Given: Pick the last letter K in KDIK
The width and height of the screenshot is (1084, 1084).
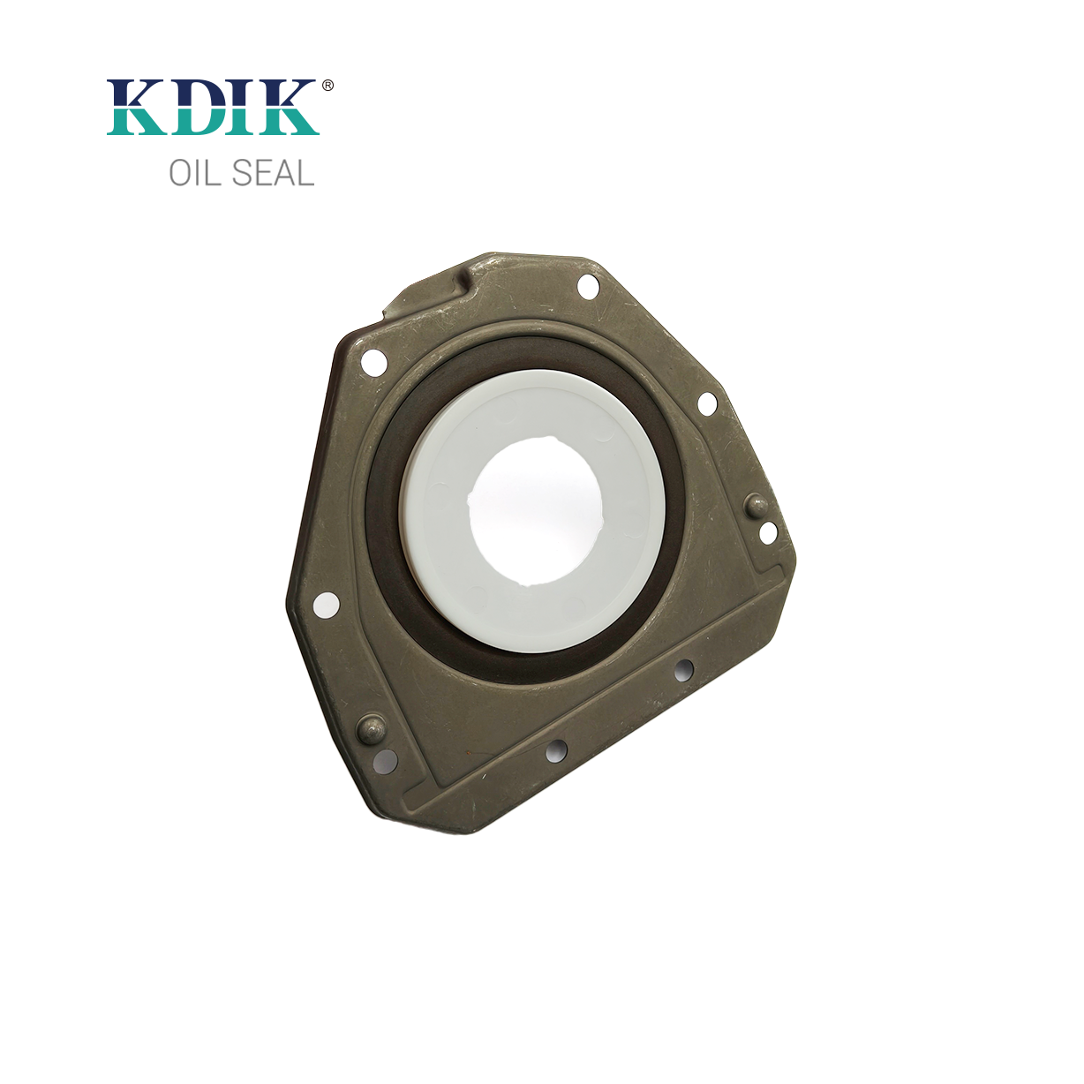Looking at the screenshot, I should (287, 108).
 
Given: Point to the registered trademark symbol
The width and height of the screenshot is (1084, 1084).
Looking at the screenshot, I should (327, 86).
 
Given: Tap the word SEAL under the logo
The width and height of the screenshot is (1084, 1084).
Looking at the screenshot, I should (273, 173).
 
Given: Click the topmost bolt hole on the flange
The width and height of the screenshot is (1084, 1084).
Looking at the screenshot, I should (587, 286).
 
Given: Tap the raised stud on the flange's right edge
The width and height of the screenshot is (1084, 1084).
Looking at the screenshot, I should (756, 506).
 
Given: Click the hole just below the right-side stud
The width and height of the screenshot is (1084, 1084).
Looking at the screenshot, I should (768, 532).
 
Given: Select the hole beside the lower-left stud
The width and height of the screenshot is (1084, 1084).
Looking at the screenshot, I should (386, 759).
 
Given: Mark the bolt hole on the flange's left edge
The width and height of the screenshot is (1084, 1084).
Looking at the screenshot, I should (327, 605).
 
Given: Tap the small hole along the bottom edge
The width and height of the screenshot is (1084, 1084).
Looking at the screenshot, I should (556, 752).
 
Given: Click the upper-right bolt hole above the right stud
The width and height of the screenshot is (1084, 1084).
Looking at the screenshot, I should (707, 403).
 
